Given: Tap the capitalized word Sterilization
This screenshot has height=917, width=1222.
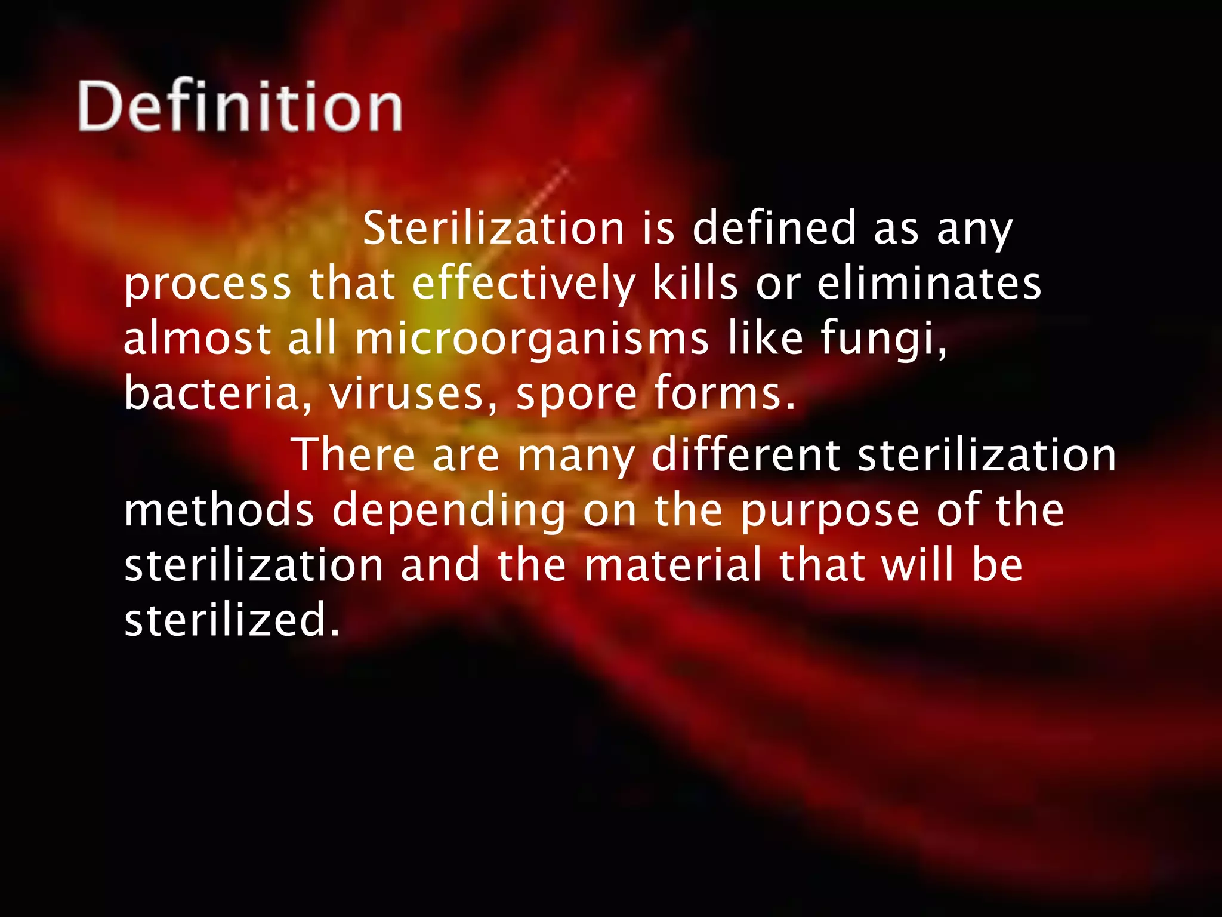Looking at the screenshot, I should coord(493,228).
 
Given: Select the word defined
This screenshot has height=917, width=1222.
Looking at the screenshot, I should coord(774,228).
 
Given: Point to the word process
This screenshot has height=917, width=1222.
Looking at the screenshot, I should coord(207,285).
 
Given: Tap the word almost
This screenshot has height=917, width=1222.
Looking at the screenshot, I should coord(197,338).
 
